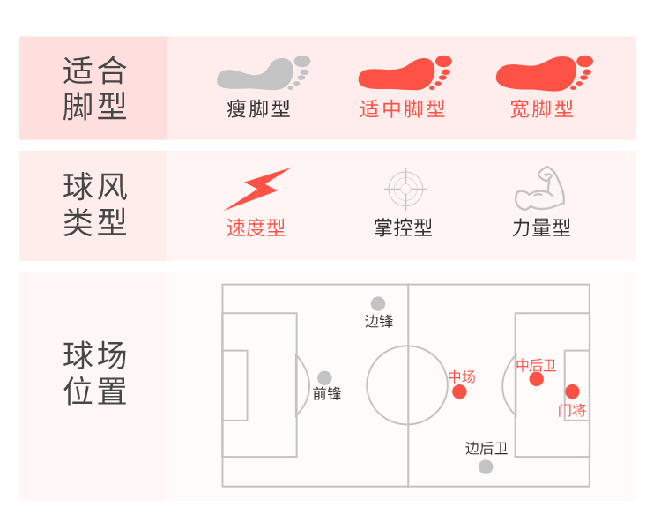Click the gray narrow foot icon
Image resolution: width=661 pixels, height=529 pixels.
(x=263, y=74)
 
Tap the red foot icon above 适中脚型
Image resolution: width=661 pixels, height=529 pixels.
(x=404, y=74)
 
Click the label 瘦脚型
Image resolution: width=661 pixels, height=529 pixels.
(x=258, y=109)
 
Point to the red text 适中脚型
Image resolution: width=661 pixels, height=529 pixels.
(x=402, y=109)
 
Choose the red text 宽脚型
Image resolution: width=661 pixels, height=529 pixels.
(x=541, y=109)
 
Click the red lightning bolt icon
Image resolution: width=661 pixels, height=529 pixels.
(x=257, y=189)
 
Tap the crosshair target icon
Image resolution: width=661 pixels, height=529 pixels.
(x=405, y=188)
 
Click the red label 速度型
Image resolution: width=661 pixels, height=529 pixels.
(x=256, y=227)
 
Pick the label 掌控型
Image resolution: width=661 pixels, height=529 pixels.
(x=403, y=227)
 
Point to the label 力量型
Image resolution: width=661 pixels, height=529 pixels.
(x=541, y=227)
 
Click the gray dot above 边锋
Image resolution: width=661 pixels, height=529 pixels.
(x=378, y=304)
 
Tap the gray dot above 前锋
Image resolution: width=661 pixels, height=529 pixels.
(x=324, y=378)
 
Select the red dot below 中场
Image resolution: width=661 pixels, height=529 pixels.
(x=459, y=391)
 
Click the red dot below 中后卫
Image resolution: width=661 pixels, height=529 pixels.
(x=537, y=379)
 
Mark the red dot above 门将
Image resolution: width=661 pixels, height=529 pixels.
(x=572, y=391)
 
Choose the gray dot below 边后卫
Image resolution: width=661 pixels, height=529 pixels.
(x=486, y=466)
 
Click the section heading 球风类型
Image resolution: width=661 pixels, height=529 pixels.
(x=95, y=205)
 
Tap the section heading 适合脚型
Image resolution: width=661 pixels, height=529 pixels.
(x=95, y=88)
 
